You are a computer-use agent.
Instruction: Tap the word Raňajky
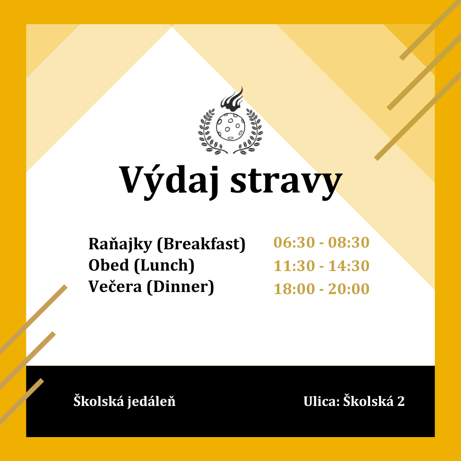point(120,245)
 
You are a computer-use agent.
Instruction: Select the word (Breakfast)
point(201,244)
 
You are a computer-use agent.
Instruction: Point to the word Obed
point(109,265)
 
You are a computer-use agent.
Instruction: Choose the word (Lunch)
point(164,266)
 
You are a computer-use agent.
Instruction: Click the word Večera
point(115,287)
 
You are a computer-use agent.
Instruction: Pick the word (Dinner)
point(180,287)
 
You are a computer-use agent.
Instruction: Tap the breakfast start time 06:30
point(294,242)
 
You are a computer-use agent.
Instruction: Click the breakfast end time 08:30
point(349,242)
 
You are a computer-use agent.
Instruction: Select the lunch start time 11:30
point(294,266)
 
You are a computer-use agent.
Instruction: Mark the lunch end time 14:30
point(349,266)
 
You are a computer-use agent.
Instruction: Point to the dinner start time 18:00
point(294,289)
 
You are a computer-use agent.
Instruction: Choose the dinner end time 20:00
point(349,289)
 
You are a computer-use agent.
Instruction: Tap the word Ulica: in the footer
point(322,401)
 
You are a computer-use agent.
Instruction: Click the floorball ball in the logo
point(230,127)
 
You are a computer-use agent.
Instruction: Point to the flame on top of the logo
point(232,99)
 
